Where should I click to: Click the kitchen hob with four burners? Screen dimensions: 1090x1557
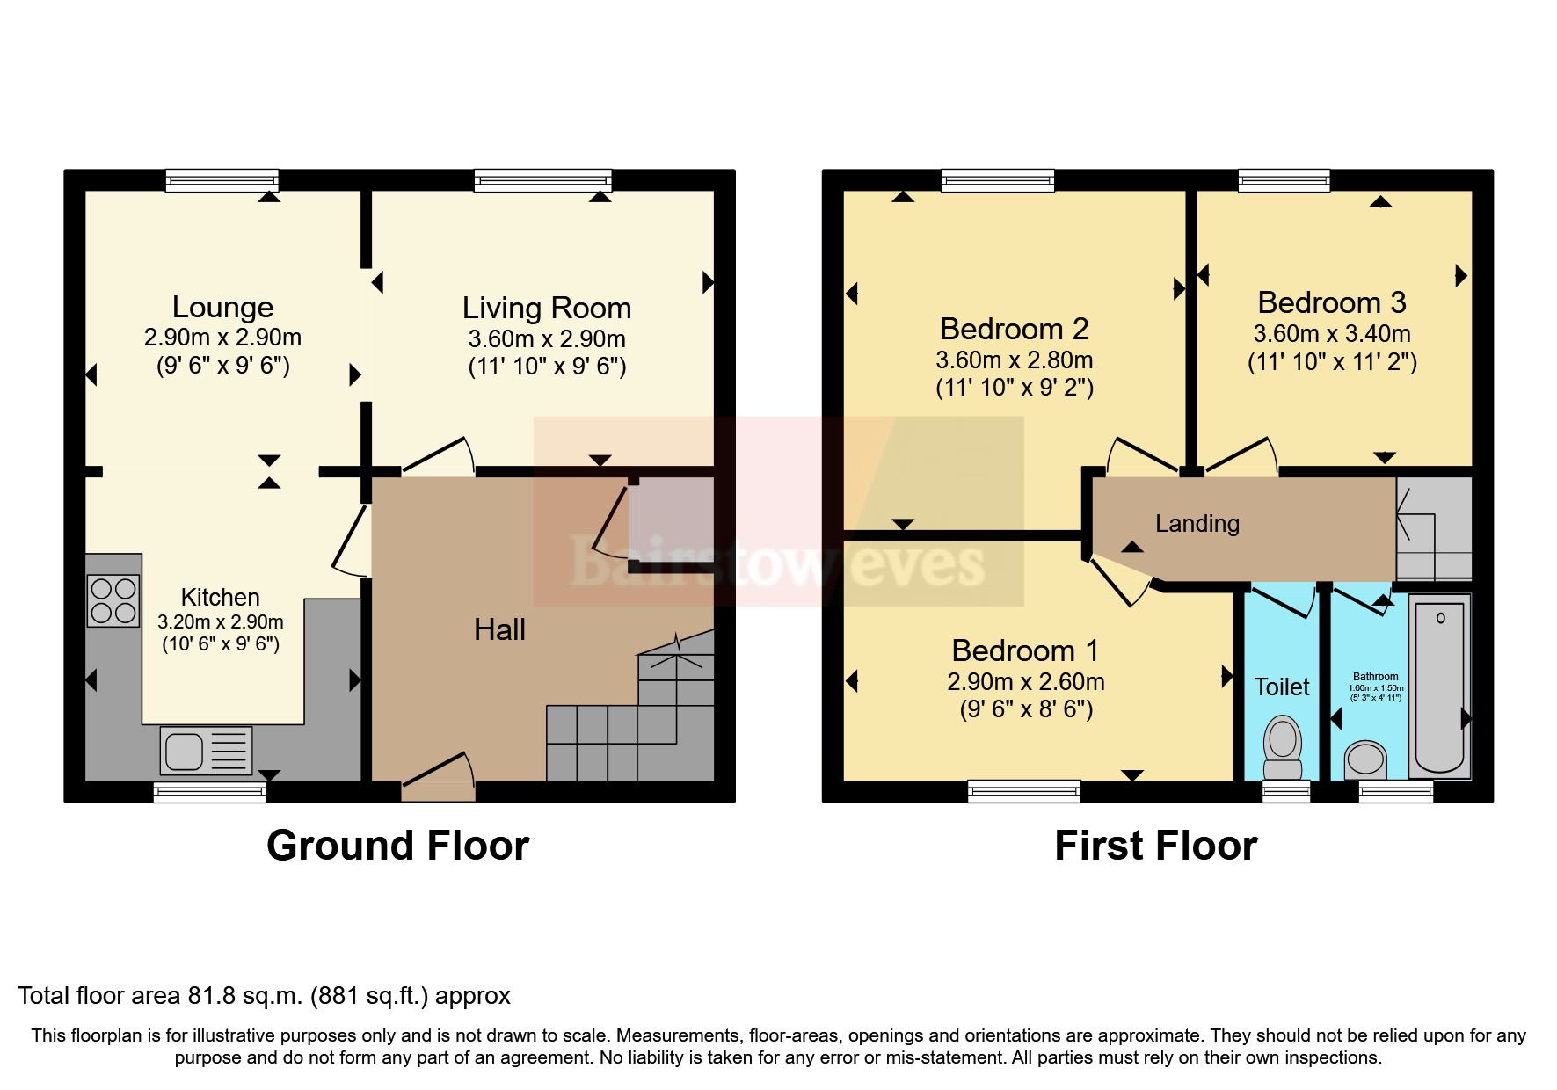113,600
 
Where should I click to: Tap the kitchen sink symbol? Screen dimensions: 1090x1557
207,751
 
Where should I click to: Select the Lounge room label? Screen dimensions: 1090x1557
222,307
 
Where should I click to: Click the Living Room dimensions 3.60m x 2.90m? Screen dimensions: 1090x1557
547,339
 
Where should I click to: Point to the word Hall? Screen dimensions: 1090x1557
499,629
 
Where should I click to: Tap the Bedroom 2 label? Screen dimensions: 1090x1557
1014,329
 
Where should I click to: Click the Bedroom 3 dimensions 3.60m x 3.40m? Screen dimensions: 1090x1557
1332,334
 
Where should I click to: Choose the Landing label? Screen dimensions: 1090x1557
1197,524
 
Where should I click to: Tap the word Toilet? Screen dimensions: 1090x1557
1282,687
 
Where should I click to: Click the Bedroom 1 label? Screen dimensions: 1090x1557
1025,650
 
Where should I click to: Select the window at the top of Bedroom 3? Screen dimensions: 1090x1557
1284,180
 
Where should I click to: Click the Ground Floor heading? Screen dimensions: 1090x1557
397,846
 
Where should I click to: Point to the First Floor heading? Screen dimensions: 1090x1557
1155,846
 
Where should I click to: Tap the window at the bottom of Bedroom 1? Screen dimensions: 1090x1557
1023,791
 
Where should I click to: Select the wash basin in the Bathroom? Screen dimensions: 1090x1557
1365,759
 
